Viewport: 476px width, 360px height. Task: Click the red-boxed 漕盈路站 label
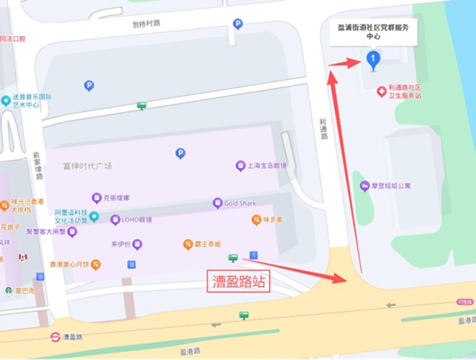239,281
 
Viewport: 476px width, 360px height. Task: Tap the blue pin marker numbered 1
373,60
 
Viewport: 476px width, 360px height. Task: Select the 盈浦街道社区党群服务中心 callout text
373,31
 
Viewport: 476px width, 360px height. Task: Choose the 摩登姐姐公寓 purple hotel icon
365,186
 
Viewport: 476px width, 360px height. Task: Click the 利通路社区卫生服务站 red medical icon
382,91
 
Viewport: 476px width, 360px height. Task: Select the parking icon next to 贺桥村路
237,24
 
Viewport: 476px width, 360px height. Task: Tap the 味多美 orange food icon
256,220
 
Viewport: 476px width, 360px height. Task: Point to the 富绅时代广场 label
87,166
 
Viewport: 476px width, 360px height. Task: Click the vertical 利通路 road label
324,128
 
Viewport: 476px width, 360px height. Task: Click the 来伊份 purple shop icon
137,244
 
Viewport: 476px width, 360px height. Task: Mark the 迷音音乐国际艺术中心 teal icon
6,101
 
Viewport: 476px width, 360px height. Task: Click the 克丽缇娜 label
116,198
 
